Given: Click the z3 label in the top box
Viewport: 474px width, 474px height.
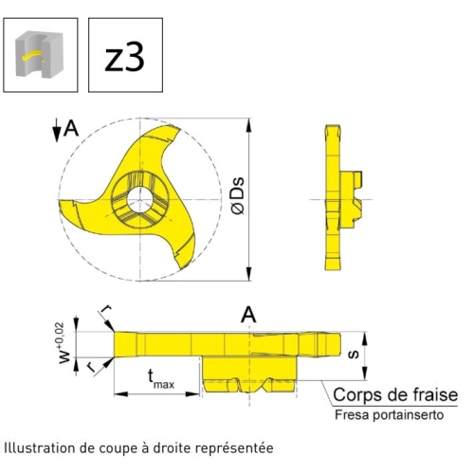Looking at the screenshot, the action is click(x=124, y=56).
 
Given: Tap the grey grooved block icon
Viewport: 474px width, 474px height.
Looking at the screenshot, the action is click(x=40, y=54).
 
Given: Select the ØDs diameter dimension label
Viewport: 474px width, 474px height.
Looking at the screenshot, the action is click(x=239, y=196).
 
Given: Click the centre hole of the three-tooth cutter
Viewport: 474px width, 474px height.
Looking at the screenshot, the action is click(x=140, y=200).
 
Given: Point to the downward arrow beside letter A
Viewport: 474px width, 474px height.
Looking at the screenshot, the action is click(x=57, y=130).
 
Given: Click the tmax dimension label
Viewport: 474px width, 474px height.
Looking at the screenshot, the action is click(x=161, y=379).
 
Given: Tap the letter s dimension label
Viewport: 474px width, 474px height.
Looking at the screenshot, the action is click(x=354, y=355).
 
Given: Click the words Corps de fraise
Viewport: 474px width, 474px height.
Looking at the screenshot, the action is click(x=395, y=394).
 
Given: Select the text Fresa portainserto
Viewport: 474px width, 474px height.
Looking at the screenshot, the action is click(x=390, y=415).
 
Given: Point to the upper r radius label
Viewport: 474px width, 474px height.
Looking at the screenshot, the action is click(x=108, y=308).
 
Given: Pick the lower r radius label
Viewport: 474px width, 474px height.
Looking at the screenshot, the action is click(x=91, y=367).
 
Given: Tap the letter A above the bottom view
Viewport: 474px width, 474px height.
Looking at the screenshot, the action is click(x=248, y=315).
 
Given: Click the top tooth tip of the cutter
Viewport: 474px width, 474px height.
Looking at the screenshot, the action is click(x=179, y=128).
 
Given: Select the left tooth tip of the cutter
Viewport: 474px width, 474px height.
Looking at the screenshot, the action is click(x=61, y=202).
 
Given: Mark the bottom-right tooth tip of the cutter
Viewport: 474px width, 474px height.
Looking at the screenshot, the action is click(x=183, y=268).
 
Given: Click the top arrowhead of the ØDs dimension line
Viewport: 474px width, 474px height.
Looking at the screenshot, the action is click(x=249, y=125).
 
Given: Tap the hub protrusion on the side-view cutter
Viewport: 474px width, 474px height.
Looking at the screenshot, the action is click(x=352, y=200).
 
